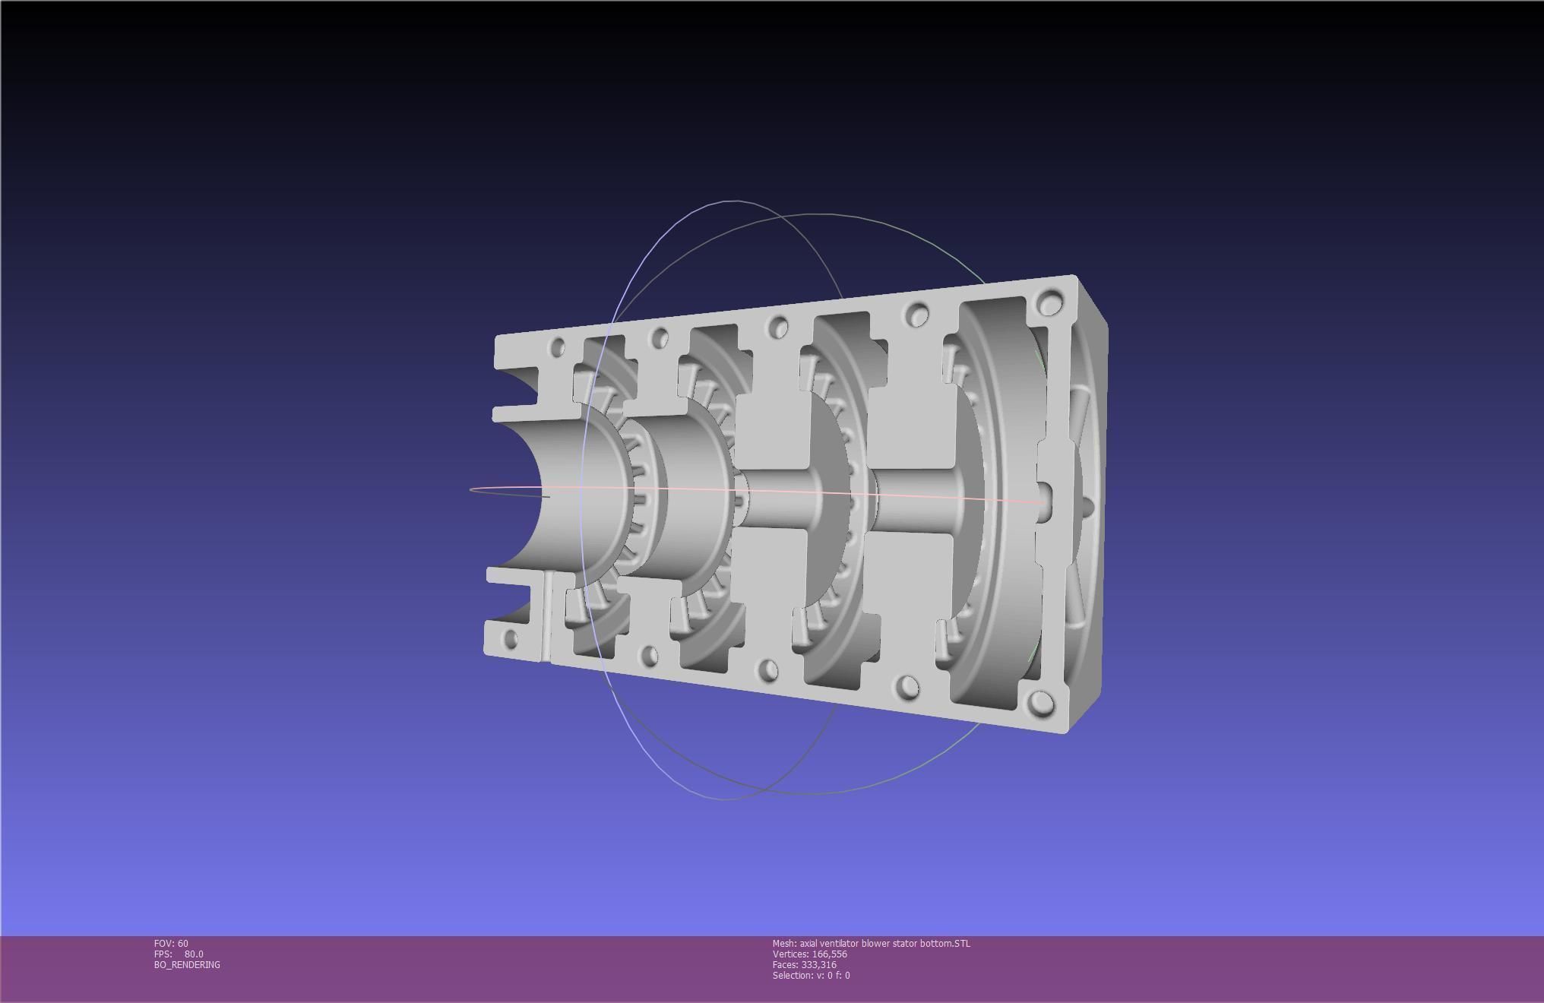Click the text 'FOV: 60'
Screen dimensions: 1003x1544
[171, 943]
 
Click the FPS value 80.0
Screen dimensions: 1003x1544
[193, 954]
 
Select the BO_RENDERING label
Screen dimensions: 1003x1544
[187, 964]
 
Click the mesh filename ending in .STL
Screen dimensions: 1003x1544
[871, 943]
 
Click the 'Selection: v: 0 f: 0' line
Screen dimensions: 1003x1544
[811, 975]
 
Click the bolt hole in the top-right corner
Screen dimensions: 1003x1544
[1049, 303]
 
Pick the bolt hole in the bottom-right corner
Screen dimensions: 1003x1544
[1040, 703]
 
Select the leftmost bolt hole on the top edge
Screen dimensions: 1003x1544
[557, 347]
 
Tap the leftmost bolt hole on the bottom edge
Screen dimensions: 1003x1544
[511, 638]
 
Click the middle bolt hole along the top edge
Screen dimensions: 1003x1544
[777, 328]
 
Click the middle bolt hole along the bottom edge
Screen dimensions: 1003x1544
[768, 670]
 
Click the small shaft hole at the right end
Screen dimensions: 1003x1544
[1045, 501]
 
